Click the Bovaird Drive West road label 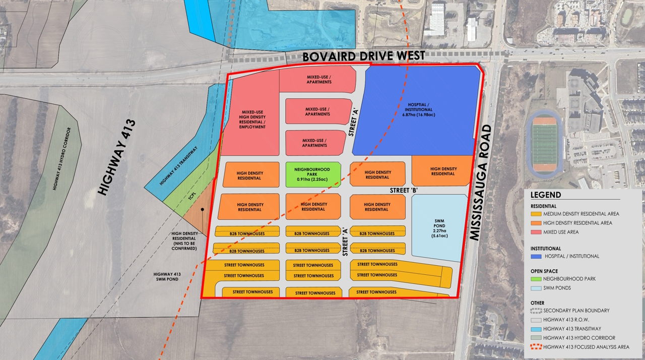pos(364,56)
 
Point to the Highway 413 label pos(117,157)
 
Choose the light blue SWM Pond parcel pos(438,227)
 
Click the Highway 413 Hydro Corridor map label pos(61,158)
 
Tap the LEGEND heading pos(546,195)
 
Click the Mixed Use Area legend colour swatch pos(536,232)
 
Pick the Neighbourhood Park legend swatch pos(536,279)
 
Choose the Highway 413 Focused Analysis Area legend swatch pos(536,347)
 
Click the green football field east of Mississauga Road pos(544,144)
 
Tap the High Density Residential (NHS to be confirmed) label pos(184,241)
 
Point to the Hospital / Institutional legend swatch pos(536,256)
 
